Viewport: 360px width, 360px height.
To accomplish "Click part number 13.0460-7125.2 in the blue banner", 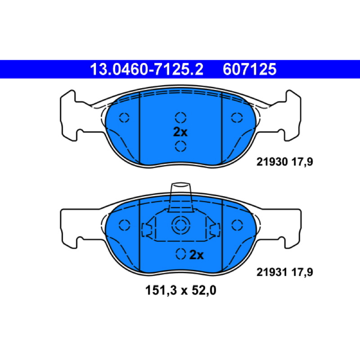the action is pos(147,69).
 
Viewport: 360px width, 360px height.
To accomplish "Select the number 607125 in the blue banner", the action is pos(250,69).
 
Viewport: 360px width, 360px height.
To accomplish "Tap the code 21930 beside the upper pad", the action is pos(272,162).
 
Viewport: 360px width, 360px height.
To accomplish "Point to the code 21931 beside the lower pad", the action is pos(272,272).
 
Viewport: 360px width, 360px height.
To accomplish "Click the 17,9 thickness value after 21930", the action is pos(302,162).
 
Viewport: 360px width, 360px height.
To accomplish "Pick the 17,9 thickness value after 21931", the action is pos(302,273).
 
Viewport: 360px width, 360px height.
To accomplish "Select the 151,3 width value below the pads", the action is pos(161,291).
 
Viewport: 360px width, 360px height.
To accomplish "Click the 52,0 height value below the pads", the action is pos(204,291).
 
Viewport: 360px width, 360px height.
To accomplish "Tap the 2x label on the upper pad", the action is pos(180,132).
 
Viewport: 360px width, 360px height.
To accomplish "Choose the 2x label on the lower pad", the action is pos(197,255).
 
